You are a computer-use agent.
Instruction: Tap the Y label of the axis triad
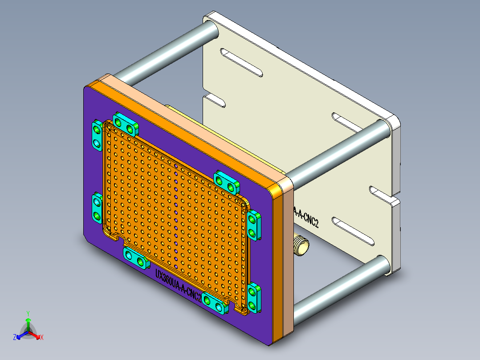[x=28, y=313]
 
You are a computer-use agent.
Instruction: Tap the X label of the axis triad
[x=42, y=337]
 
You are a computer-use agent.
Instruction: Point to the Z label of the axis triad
[x=15, y=338]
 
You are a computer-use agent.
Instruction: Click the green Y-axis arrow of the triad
[x=28, y=323]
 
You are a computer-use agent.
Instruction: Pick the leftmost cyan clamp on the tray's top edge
[x=125, y=124]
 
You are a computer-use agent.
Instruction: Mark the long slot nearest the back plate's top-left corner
[x=243, y=63]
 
